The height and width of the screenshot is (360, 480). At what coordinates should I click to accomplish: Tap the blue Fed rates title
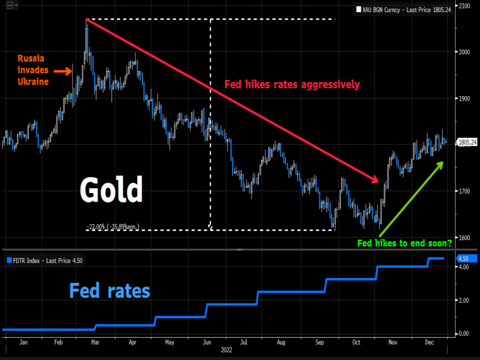click(x=110, y=291)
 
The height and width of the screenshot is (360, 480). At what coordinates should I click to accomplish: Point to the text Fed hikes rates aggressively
click(x=292, y=85)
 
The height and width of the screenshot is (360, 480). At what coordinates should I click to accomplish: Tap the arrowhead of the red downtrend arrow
click(x=374, y=180)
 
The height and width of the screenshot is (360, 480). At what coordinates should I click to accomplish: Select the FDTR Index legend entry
click(x=44, y=261)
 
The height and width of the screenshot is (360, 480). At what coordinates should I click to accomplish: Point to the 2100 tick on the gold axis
click(x=465, y=6)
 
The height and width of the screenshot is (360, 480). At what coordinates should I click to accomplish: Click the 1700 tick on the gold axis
click(x=465, y=191)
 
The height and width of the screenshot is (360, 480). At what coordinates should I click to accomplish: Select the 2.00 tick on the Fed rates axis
click(x=464, y=300)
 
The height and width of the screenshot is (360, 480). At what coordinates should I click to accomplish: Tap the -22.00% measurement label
click(x=113, y=227)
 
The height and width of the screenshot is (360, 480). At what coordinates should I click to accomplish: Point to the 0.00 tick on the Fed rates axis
click(x=464, y=334)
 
